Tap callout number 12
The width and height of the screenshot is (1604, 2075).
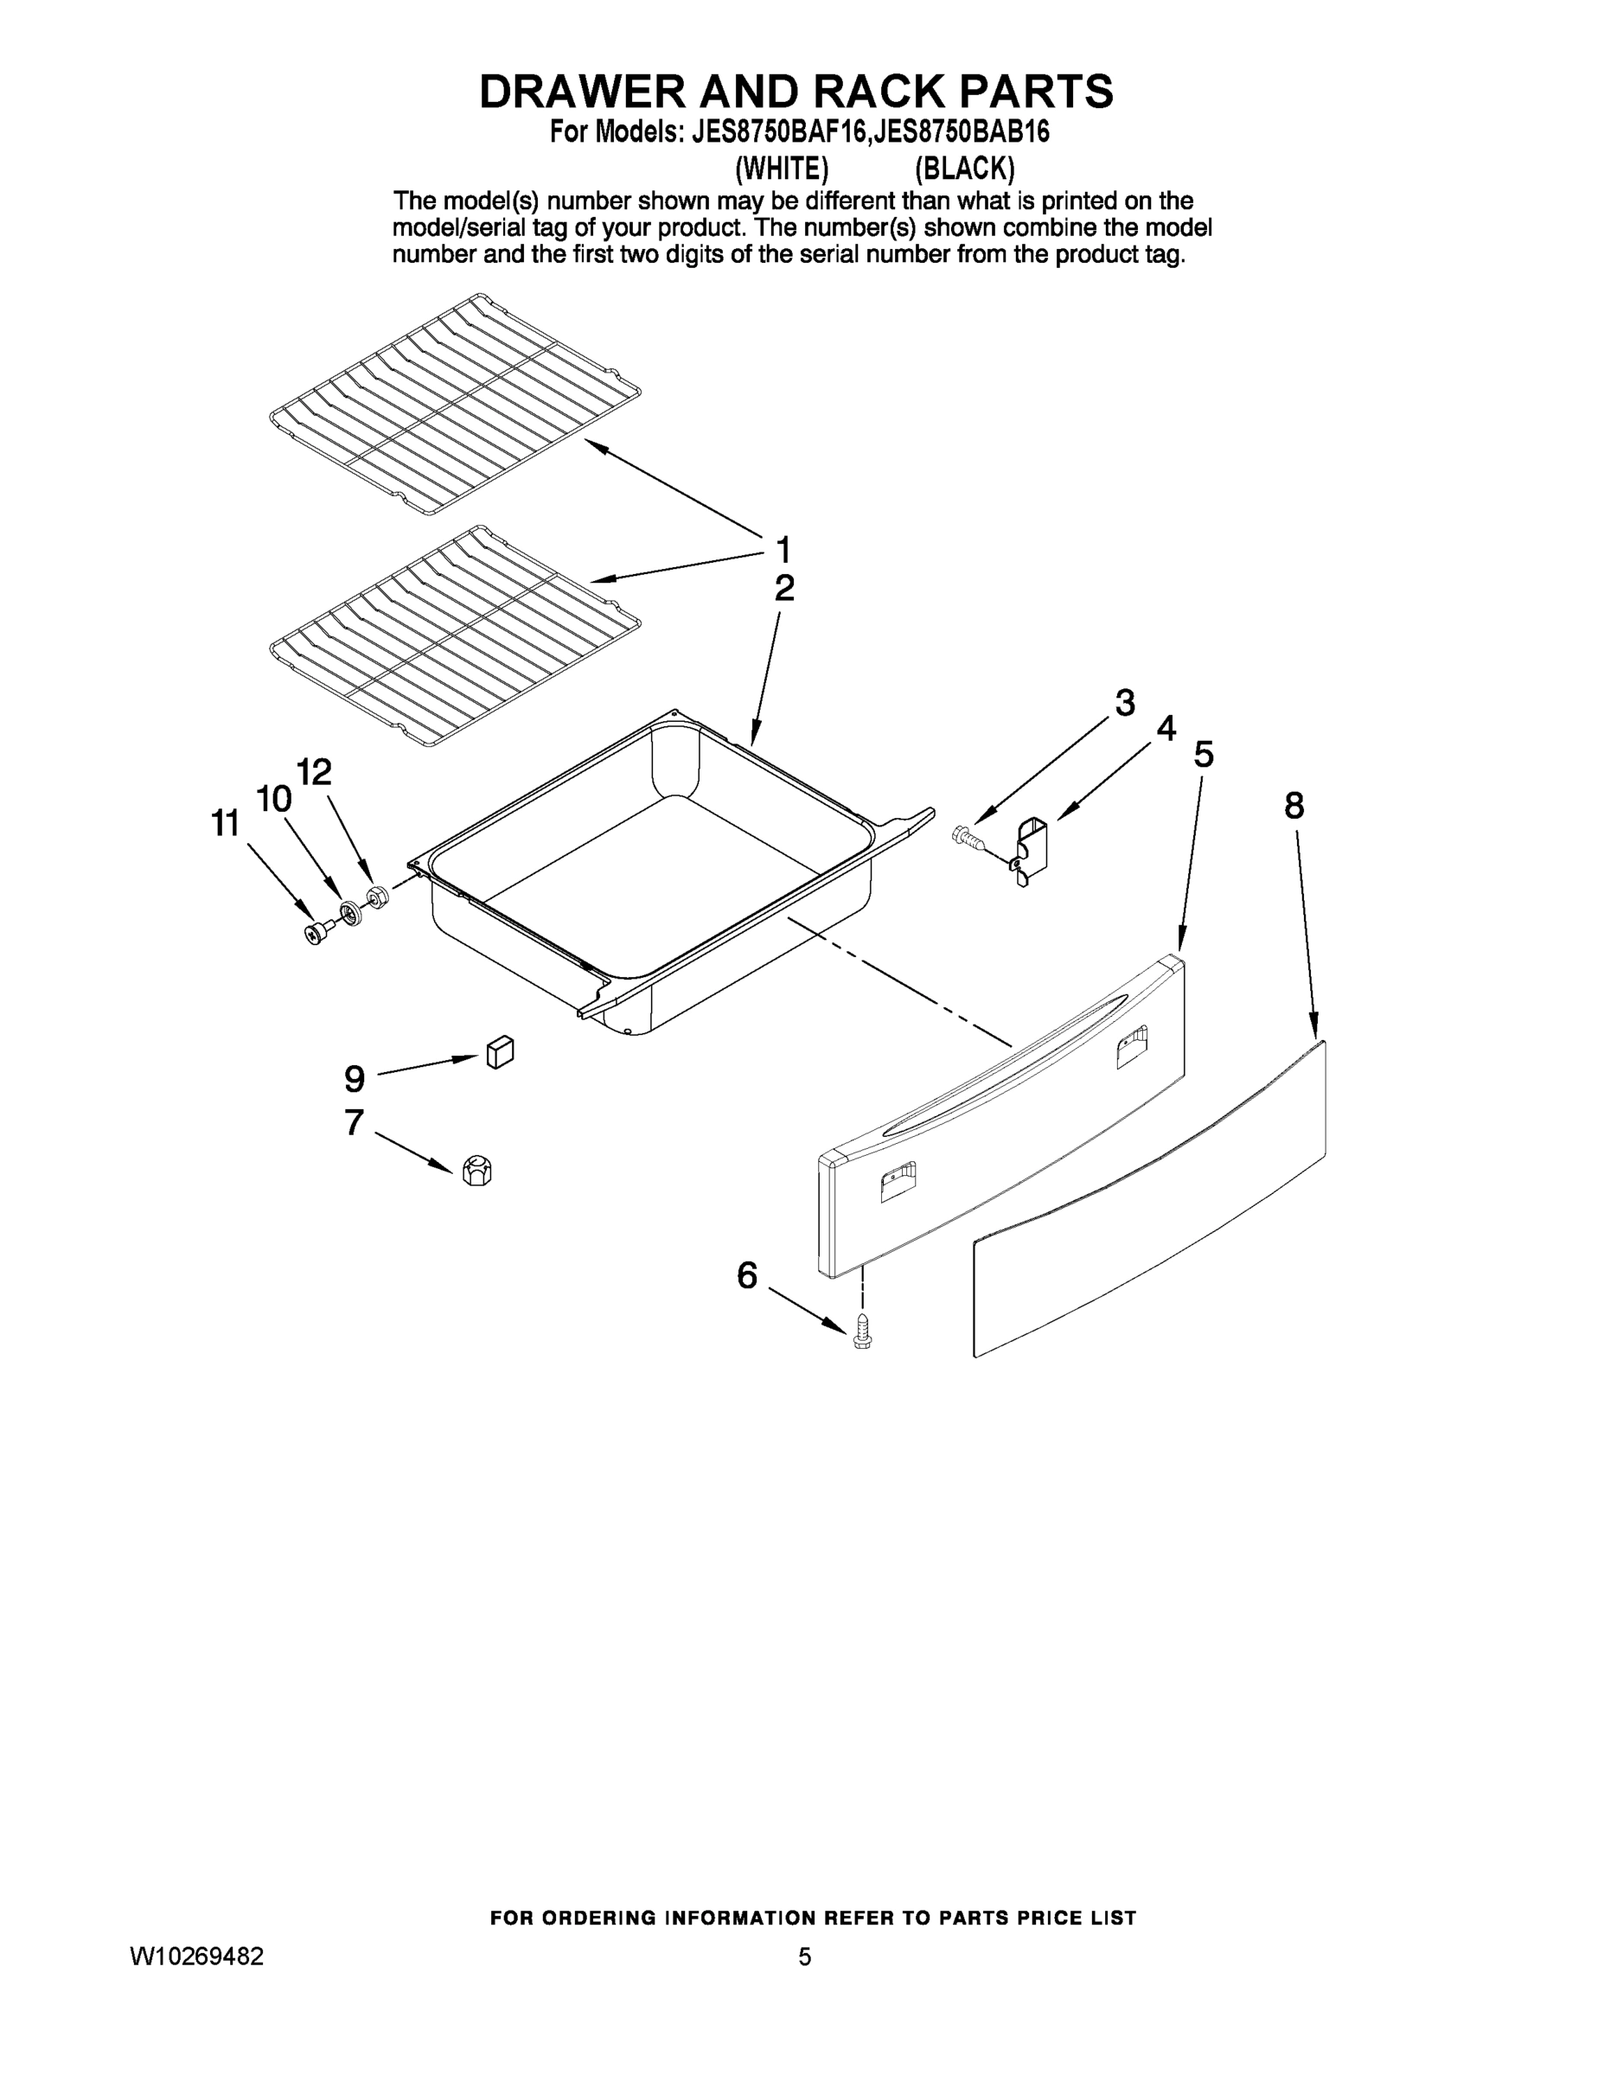(x=315, y=771)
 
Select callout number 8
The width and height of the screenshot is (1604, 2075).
(x=1294, y=806)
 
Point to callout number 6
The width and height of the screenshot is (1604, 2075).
(x=747, y=1275)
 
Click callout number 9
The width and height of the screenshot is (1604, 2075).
(x=354, y=1078)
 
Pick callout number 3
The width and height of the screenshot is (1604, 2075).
(x=1124, y=703)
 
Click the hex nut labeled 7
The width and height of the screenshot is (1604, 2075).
(x=476, y=1171)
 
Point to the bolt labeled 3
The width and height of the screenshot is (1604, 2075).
(x=966, y=835)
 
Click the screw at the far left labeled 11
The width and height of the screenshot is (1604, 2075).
(x=316, y=933)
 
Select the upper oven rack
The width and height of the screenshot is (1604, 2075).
(x=454, y=404)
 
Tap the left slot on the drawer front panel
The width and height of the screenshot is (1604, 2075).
(x=897, y=1183)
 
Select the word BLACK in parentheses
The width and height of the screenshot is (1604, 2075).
(x=964, y=169)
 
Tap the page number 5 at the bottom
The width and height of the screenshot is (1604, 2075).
(x=804, y=1957)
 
